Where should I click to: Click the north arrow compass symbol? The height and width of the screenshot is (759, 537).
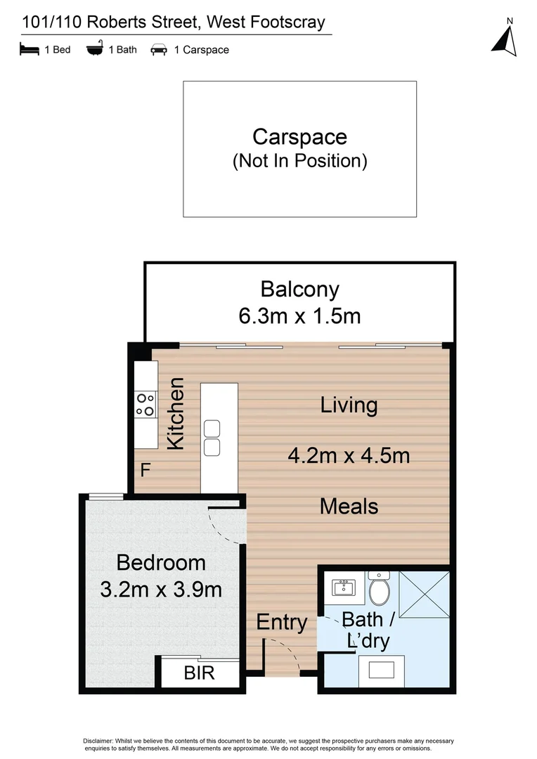tap(505, 39)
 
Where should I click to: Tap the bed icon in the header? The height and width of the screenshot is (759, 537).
tap(29, 49)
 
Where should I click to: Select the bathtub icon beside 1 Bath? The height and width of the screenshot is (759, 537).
tap(95, 49)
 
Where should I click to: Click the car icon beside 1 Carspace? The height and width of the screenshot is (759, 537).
tap(159, 50)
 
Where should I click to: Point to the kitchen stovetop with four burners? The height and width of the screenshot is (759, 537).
tap(145, 404)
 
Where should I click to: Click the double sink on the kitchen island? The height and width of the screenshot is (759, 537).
tap(212, 437)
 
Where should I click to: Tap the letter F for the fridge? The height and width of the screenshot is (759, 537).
tap(145, 469)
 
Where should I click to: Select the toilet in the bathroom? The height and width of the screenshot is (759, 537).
tap(380, 589)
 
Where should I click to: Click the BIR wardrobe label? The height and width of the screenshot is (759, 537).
tap(200, 673)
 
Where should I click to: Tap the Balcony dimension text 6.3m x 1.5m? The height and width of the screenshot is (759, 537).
tap(299, 316)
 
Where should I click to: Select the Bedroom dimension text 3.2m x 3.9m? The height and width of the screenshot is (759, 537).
tap(161, 588)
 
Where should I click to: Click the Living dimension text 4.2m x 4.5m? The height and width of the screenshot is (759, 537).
tap(349, 455)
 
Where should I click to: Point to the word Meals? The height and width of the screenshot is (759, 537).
tap(349, 506)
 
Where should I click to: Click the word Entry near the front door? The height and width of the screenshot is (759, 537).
tap(281, 622)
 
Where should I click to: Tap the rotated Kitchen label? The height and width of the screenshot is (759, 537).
tap(176, 413)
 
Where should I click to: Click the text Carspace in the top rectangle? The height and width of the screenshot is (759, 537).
tap(299, 136)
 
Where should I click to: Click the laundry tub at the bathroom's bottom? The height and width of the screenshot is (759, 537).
tap(381, 670)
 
